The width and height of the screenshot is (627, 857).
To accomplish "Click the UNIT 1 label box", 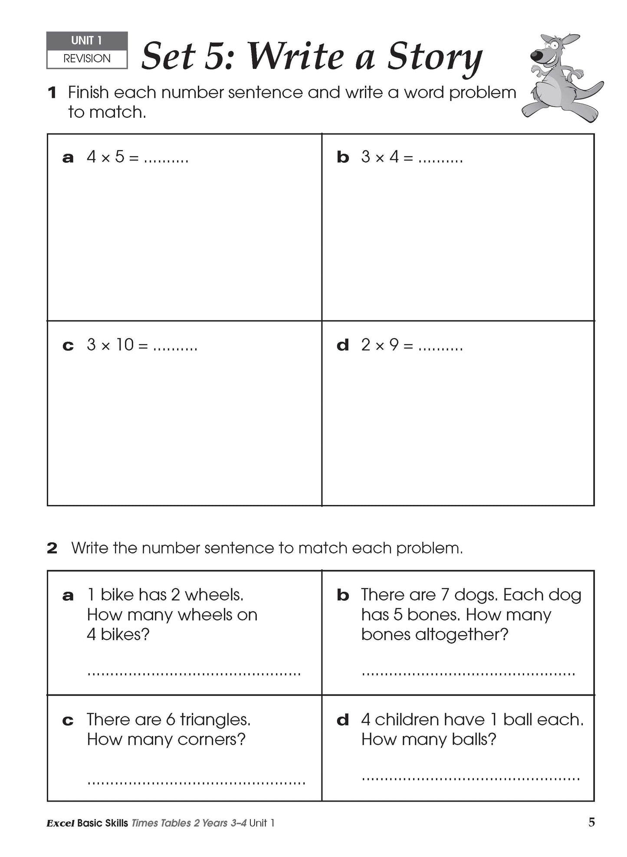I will pyautogui.click(x=87, y=41).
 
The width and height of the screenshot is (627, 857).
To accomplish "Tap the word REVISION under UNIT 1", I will pyautogui.click(x=87, y=59).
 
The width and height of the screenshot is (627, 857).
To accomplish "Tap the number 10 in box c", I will pyautogui.click(x=125, y=345).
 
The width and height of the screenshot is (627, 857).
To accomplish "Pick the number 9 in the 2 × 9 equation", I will pyautogui.click(x=394, y=345).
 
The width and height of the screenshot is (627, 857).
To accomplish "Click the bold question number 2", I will pyautogui.click(x=52, y=548).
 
